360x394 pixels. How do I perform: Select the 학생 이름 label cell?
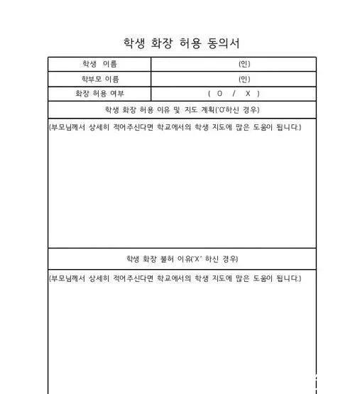[x=99, y=65]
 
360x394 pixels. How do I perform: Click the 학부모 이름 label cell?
[x=99, y=79]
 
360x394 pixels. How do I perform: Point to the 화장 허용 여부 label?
[x=99, y=93]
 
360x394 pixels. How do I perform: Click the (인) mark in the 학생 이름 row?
[x=244, y=65]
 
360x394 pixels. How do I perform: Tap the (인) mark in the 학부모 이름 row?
[x=244, y=79]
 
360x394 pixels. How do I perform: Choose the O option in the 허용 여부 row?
[x=220, y=93]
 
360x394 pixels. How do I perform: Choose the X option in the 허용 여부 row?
[x=248, y=93]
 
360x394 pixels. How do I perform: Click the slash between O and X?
[x=234, y=93]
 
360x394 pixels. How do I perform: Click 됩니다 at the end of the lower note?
[x=287, y=278]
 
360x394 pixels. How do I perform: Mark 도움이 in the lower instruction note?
[x=260, y=278]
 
